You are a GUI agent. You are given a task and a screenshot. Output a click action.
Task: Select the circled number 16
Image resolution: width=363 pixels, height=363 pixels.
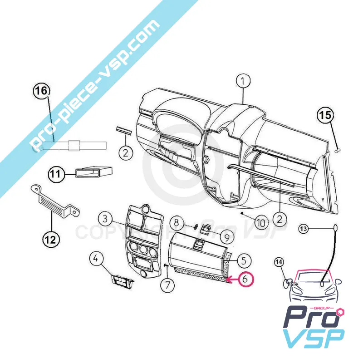point(40,90)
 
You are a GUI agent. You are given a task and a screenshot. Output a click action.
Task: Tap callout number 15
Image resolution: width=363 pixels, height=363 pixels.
point(325,115)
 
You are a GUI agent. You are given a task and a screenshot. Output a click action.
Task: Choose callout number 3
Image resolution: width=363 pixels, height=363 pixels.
point(105,219)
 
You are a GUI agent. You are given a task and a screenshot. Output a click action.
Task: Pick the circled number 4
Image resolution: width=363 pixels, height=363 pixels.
point(96,260)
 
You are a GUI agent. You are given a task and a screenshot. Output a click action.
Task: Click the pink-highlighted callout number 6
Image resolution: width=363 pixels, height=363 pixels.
point(245,280)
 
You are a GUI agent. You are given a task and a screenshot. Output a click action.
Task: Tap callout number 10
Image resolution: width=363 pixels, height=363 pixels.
point(260,222)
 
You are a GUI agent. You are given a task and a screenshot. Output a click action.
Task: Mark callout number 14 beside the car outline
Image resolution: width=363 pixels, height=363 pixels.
point(279,262)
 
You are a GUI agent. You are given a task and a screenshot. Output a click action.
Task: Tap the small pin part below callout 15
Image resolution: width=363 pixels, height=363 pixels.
point(337,149)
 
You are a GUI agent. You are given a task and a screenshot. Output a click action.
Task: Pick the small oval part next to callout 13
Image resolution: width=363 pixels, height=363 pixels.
point(336,228)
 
